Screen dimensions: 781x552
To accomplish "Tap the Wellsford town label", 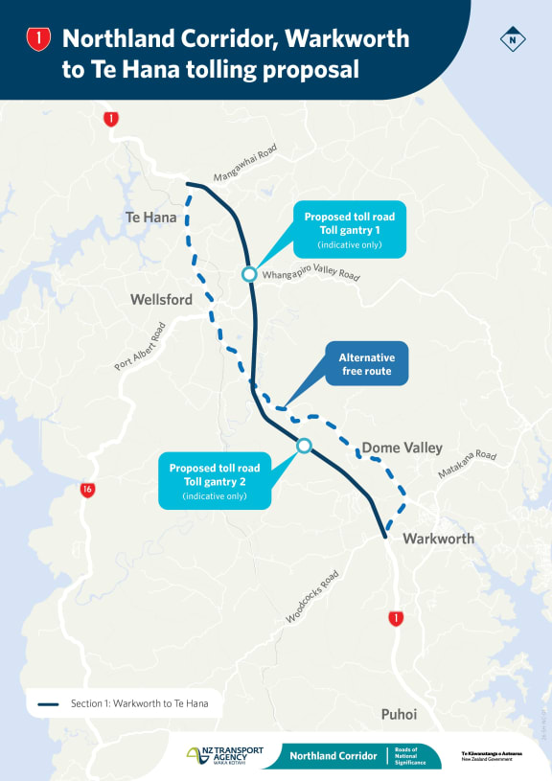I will [x=161, y=300].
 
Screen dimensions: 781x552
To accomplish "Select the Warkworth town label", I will [x=438, y=539].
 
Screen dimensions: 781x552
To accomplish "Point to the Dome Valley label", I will [x=402, y=448].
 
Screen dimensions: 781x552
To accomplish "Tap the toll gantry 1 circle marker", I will [x=249, y=275].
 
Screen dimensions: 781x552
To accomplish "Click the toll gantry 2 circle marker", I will [x=304, y=446].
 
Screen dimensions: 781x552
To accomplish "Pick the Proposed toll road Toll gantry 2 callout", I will [x=215, y=481].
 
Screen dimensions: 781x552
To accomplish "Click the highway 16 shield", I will [x=87, y=490].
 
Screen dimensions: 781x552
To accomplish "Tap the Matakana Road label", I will [x=468, y=466].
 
